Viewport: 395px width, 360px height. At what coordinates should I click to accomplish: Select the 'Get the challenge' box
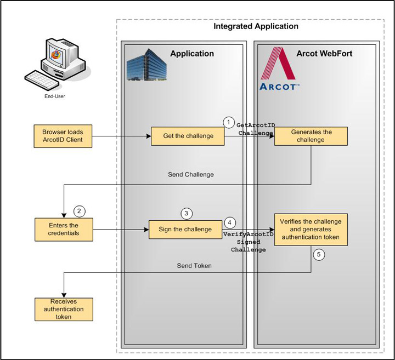click(x=188, y=136)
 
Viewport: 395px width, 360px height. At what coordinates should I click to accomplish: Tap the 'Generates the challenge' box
click(x=311, y=136)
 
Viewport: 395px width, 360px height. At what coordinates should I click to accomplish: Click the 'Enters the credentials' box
click(x=64, y=229)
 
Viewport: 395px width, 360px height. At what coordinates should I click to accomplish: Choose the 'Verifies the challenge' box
click(x=311, y=229)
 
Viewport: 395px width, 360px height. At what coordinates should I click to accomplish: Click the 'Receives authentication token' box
click(x=64, y=309)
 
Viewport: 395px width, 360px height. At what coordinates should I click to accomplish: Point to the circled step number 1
click(x=228, y=122)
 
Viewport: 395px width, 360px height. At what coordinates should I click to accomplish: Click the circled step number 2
click(x=80, y=211)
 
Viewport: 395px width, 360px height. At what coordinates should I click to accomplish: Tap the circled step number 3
click(x=187, y=213)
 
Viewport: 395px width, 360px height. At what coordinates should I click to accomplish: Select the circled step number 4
click(x=230, y=223)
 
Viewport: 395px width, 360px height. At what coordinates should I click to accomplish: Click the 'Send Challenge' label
click(x=191, y=175)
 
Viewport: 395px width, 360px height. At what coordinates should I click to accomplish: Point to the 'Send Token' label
click(x=194, y=266)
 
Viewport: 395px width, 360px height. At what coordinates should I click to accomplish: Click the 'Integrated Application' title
click(x=256, y=26)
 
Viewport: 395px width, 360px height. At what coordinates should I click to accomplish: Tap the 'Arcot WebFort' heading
click(x=324, y=54)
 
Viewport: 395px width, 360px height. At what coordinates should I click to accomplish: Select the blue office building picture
click(x=145, y=66)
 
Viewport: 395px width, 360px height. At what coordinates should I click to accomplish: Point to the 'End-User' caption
click(x=55, y=96)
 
